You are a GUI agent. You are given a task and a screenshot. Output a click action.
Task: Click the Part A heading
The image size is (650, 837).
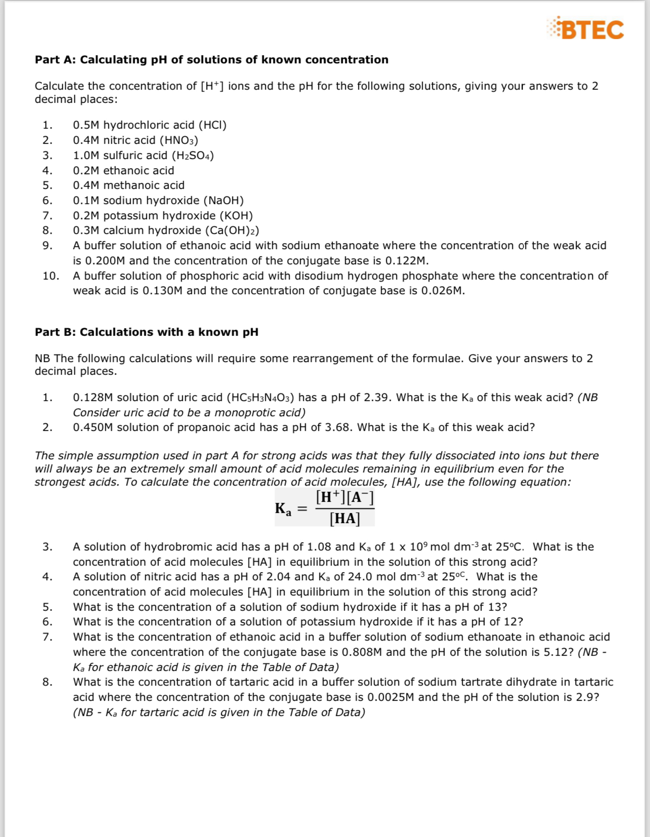pyautogui.click(x=211, y=60)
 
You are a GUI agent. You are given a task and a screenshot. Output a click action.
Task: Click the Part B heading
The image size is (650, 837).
pyautogui.click(x=146, y=332)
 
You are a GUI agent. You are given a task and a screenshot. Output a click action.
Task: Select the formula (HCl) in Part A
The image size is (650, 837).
pyautogui.click(x=212, y=125)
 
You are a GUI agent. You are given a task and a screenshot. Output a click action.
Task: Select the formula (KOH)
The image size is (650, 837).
pyautogui.click(x=236, y=216)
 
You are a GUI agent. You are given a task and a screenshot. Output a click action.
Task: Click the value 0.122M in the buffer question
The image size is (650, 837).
pyautogui.click(x=407, y=261)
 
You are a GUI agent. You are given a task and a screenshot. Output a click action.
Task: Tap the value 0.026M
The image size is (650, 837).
pyautogui.click(x=442, y=291)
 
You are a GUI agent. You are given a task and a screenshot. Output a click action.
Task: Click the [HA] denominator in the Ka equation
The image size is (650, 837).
pyautogui.click(x=345, y=519)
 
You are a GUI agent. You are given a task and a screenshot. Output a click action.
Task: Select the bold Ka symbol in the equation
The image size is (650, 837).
pyautogui.click(x=283, y=509)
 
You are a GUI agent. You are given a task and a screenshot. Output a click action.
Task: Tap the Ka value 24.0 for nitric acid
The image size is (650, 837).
pyautogui.click(x=360, y=577)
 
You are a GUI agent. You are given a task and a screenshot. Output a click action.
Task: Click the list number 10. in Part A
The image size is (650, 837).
pyautogui.click(x=51, y=276)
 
